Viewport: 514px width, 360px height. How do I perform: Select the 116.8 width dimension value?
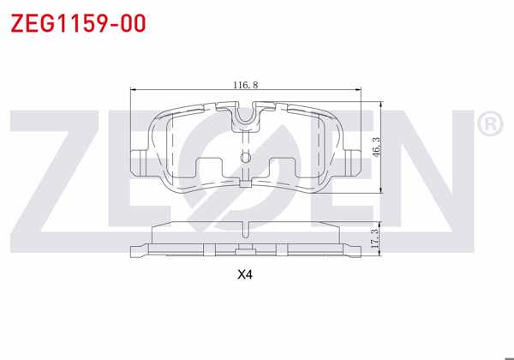245,85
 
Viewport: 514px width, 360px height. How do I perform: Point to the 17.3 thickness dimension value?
374,237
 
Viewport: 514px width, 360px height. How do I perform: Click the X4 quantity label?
246,276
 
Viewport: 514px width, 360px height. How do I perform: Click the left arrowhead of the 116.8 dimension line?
131,90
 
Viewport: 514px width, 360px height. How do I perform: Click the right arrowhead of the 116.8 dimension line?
360,90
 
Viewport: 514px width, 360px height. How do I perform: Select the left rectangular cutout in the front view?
210,169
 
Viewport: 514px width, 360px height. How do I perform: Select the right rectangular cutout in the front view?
282,169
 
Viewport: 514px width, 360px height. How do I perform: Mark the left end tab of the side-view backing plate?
138,251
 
